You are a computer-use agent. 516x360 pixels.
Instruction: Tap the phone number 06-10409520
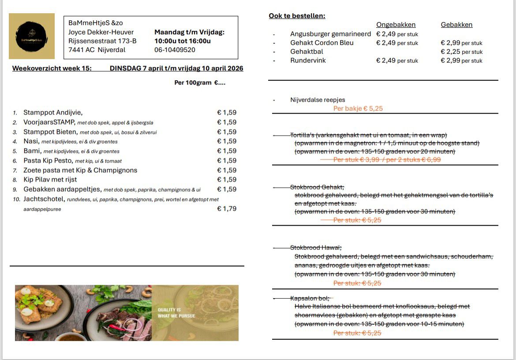[175, 50]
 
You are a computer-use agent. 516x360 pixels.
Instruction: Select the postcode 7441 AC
[81, 50]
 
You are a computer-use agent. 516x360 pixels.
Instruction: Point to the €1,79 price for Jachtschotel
[227, 208]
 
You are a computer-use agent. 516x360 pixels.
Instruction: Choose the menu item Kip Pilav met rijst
[50, 179]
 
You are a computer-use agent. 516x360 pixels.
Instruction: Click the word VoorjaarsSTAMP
[49, 122]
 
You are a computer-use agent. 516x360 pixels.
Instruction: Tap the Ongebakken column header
[396, 25]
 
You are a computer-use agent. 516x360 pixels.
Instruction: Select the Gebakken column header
[456, 25]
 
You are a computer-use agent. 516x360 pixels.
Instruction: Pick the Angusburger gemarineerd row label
[330, 34]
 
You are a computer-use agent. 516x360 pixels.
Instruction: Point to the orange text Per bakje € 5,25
[358, 108]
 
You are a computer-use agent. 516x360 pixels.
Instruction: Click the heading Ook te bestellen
[297, 16]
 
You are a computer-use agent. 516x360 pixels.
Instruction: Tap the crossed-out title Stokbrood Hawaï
[316, 247]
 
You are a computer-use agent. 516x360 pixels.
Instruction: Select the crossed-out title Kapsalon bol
[310, 298]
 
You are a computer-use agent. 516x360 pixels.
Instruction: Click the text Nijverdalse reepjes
[318, 100]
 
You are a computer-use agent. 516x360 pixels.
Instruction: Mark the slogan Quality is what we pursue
[176, 313]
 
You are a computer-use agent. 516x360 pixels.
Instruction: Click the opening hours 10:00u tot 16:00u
[183, 41]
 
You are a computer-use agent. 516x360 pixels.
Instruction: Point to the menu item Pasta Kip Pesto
[49, 160]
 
